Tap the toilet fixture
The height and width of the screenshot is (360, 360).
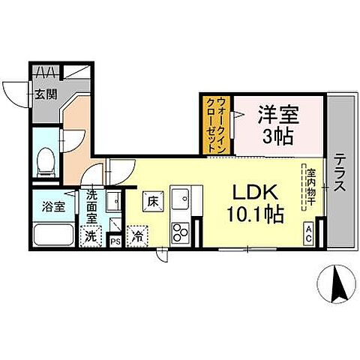(x=46, y=157)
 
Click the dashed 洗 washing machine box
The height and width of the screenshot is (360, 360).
(x=90, y=235)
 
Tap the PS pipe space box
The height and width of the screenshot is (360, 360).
(x=115, y=241)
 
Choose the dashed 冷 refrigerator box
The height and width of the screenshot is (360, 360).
(x=138, y=235)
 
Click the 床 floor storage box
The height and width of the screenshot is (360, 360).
(x=151, y=201)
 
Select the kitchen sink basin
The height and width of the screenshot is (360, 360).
(x=181, y=199)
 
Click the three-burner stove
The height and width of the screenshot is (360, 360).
(x=181, y=232)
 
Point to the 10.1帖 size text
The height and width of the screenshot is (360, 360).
(x=255, y=215)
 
